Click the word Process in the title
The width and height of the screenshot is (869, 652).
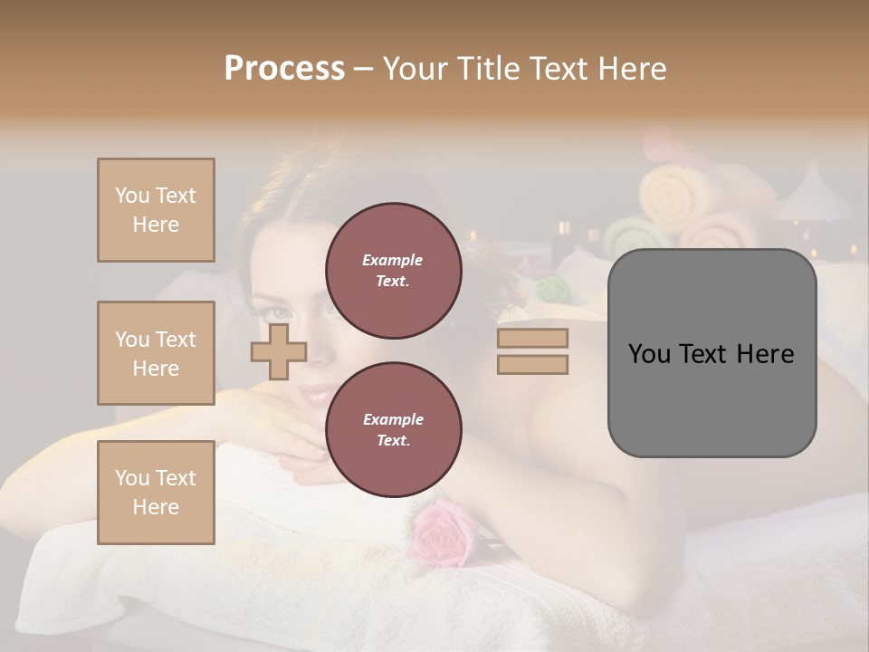tap(284, 68)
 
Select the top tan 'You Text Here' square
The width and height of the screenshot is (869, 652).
tap(156, 210)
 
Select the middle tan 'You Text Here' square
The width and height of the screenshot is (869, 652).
tap(156, 353)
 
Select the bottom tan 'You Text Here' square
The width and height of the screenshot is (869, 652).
tap(156, 492)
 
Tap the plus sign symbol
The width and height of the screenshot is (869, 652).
tap(279, 352)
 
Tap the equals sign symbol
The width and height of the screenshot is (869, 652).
tap(532, 351)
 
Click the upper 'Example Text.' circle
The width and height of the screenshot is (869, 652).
tap(394, 271)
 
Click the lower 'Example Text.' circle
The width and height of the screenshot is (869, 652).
tap(394, 430)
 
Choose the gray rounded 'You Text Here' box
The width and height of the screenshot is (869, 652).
tap(711, 353)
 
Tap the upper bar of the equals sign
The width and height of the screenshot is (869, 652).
tap(532, 339)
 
